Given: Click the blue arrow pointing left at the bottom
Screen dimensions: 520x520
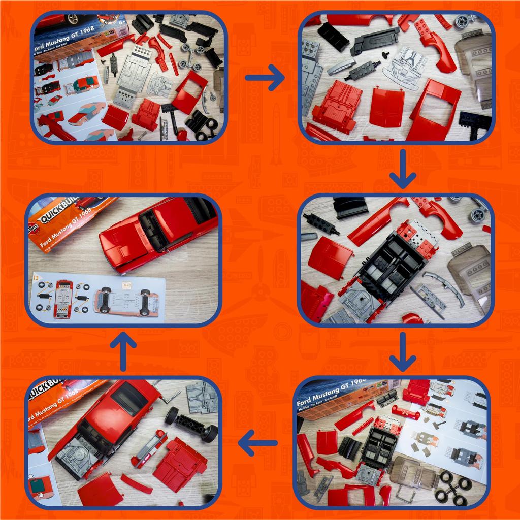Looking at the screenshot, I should click(257, 443).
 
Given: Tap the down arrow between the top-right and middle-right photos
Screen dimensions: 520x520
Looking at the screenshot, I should click(403, 169).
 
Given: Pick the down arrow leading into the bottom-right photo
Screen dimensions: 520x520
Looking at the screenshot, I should click(403, 352).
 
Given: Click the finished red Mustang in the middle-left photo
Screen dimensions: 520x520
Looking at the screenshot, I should click(157, 231).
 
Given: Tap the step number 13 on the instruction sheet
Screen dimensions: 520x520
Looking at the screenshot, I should click(35, 278).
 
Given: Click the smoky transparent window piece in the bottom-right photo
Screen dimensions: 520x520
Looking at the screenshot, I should click(414, 472).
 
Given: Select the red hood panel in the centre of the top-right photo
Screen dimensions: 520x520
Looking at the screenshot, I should click(386, 107).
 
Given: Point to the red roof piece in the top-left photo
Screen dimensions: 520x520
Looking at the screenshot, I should click(190, 91).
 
